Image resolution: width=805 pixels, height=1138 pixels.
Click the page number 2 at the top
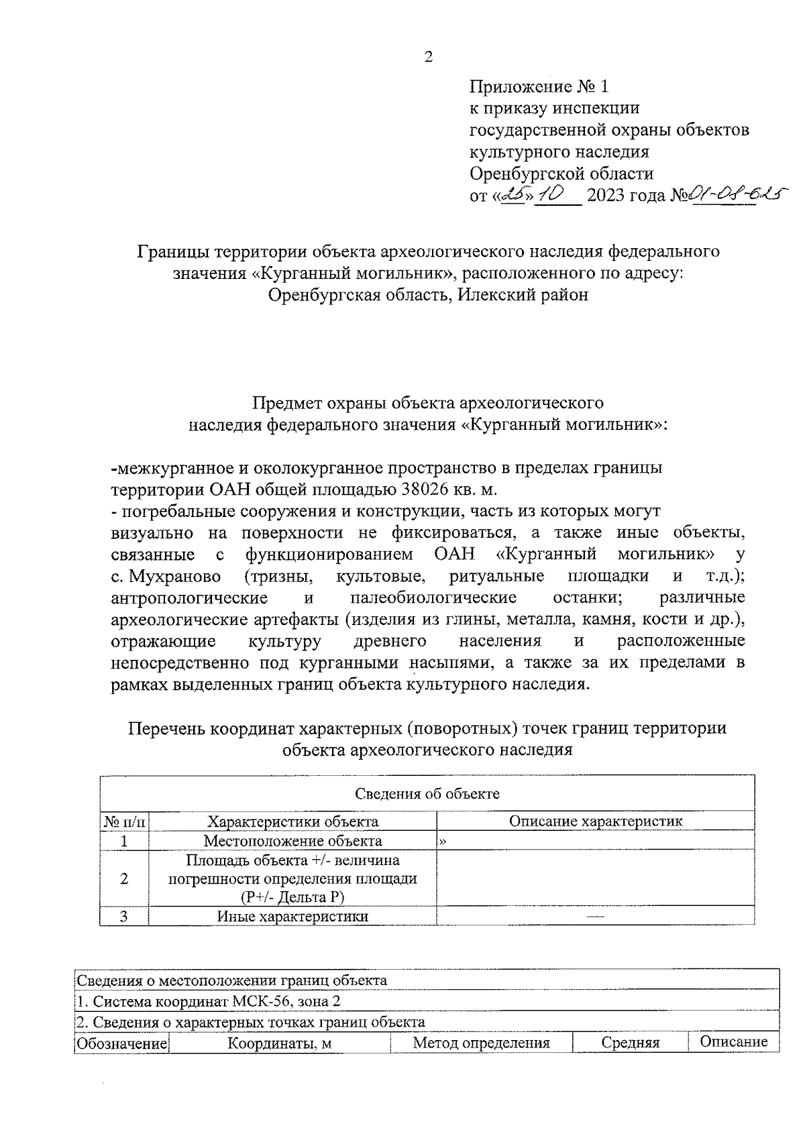coord(429,57)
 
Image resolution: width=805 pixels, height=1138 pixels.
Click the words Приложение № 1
coord(539,87)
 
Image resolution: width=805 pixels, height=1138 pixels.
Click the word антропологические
coord(189,598)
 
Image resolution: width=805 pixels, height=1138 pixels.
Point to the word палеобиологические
coord(433,598)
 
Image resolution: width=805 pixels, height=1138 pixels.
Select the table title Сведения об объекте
coord(427,794)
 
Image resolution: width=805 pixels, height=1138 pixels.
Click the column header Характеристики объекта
coord(292,821)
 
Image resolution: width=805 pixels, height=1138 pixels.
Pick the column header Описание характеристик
coord(596,821)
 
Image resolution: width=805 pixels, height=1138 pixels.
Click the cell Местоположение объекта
coord(292,841)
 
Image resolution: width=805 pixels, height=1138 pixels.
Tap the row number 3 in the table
coord(124,916)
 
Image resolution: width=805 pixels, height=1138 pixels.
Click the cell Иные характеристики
coord(292,916)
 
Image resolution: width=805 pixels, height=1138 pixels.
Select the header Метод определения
coord(481,1043)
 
